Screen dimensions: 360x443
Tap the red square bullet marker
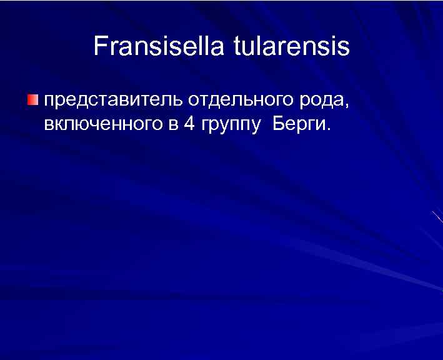(32, 101)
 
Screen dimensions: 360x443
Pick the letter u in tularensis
(249, 47)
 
